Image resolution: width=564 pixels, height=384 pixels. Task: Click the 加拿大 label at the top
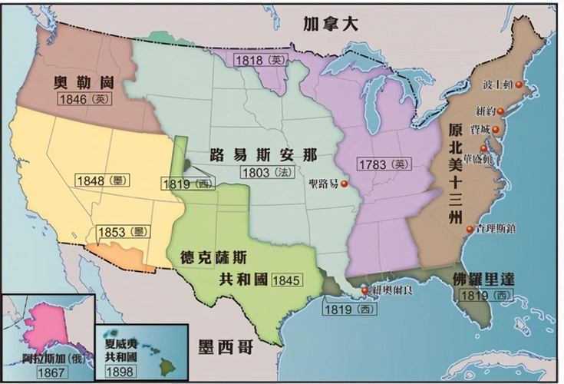pyautogui.click(x=329, y=23)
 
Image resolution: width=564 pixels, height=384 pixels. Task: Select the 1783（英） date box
pyautogui.click(x=381, y=164)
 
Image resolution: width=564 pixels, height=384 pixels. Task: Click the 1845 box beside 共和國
pyautogui.click(x=285, y=280)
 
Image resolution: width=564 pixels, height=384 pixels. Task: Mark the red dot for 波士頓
pyautogui.click(x=519, y=84)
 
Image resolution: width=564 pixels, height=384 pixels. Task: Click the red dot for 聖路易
pyautogui.click(x=345, y=184)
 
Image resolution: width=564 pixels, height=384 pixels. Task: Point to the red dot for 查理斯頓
pyautogui.click(x=469, y=228)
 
